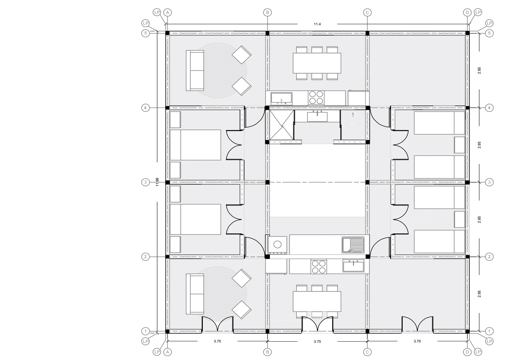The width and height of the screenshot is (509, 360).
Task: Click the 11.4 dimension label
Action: (317, 24)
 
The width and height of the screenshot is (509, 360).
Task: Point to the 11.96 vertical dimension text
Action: (157, 182)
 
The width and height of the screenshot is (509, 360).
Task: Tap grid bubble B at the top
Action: (268, 12)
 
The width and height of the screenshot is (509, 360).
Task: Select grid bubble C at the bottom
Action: (367, 352)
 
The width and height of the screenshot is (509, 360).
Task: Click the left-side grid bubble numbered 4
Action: (146, 108)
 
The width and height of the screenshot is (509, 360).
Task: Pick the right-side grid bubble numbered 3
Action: (489, 182)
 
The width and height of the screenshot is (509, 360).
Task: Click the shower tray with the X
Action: (282, 125)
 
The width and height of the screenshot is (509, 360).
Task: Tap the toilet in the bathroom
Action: (353, 120)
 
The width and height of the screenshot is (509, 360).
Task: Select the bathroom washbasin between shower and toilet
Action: (317, 116)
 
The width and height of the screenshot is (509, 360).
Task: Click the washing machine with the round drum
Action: (277, 245)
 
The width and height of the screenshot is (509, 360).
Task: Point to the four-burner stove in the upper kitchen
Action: (316, 98)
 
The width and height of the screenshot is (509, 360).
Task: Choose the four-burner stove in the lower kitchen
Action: (319, 267)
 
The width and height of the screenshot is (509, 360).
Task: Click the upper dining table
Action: (317, 63)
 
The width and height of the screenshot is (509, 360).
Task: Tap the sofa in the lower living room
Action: (195, 294)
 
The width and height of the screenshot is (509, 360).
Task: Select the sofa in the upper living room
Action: (195, 71)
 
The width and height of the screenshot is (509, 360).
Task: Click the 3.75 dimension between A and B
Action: (218, 341)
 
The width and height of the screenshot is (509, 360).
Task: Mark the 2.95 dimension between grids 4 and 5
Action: (479, 71)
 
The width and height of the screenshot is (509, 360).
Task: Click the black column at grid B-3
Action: (268, 182)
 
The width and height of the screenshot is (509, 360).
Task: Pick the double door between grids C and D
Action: (417, 324)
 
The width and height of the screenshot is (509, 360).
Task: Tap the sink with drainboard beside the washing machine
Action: (353, 245)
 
